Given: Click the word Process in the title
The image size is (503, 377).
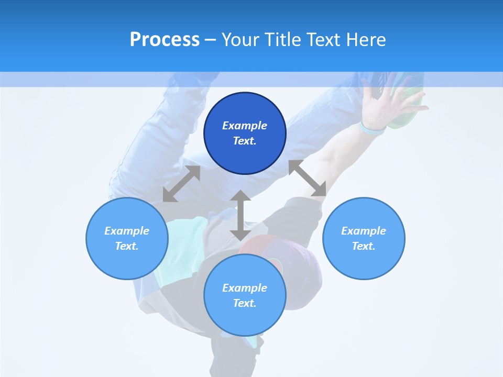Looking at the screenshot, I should tap(165, 39).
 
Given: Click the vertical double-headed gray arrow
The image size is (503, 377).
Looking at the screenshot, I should tap(240, 215).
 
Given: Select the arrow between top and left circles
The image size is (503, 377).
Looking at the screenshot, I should tap(181, 183).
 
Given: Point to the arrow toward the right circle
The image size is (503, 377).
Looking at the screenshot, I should tap(308, 178).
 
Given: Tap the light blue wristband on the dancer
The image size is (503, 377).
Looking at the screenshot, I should tap(372, 129).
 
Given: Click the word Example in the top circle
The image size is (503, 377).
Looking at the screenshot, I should tap(245, 126).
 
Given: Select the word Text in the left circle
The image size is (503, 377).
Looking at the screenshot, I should tap(127, 246).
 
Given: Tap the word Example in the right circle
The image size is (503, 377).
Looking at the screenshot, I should tap(364, 231).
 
